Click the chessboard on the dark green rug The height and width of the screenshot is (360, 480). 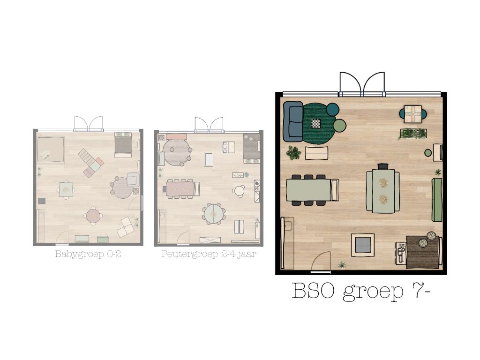pyautogui.click(x=316, y=123)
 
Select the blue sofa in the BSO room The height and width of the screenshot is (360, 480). pyautogui.click(x=293, y=121)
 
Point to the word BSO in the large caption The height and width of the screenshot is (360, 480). pyautogui.click(x=314, y=291)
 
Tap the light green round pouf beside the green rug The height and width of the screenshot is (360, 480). pyautogui.click(x=340, y=126)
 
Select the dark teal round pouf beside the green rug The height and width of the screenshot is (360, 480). pyautogui.click(x=333, y=109)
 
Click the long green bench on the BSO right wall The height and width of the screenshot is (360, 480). pyautogui.click(x=436, y=199)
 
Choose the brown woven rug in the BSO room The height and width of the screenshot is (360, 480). pyautogui.click(x=422, y=252)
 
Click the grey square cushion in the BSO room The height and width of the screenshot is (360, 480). pyautogui.click(x=362, y=245)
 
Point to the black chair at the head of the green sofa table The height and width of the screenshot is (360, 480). pyautogui.click(x=383, y=166)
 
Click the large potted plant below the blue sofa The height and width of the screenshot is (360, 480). pyautogui.click(x=294, y=152)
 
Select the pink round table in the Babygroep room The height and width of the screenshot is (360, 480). pyautogui.click(x=93, y=216)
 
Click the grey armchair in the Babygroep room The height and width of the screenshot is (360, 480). pyautogui.click(x=133, y=180)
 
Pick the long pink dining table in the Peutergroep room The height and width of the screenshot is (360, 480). pyautogui.click(x=180, y=188)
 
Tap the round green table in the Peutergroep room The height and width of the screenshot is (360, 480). pyautogui.click(x=214, y=214)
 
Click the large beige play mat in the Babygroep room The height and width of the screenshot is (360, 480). pyautogui.click(x=50, y=150)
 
